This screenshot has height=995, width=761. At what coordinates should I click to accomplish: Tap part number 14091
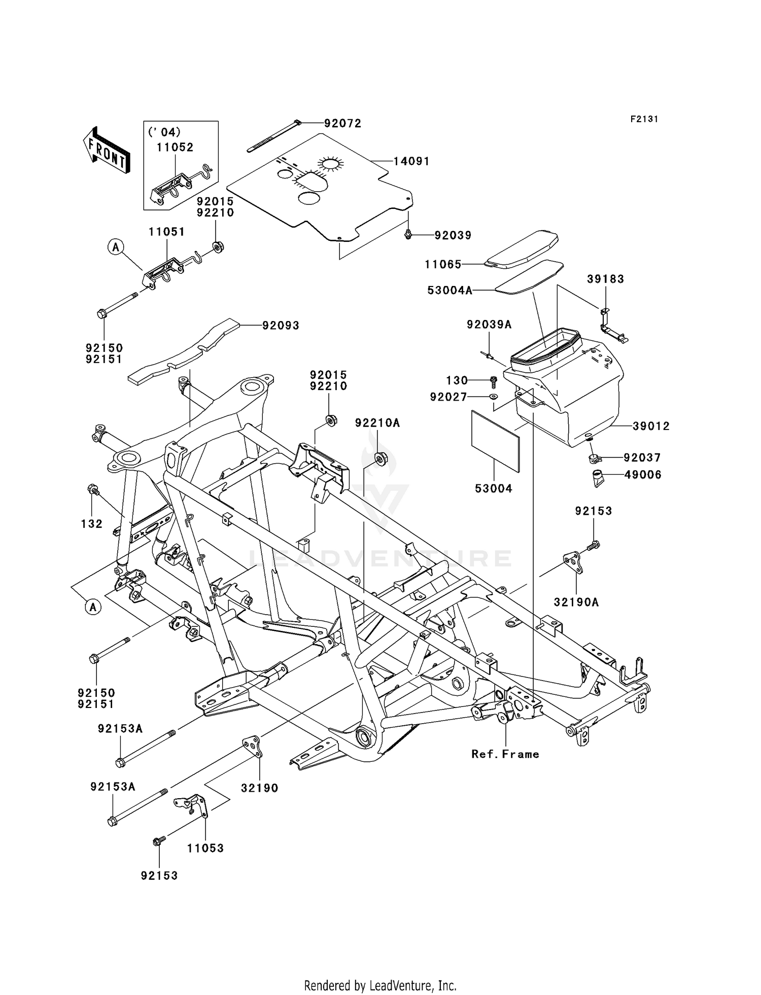[411, 161]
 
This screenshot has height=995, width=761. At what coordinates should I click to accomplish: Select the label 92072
[342, 123]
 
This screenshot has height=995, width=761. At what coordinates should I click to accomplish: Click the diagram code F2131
[644, 119]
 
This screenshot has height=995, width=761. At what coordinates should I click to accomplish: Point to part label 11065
[443, 264]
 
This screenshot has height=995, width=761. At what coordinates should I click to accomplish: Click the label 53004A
[449, 290]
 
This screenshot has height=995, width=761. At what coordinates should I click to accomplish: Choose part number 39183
[605, 279]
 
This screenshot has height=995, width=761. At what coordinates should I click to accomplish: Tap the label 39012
[651, 427]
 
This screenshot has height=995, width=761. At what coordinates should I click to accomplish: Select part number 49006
[642, 475]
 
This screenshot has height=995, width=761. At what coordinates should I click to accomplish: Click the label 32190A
[576, 602]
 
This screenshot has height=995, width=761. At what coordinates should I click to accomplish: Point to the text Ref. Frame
[505, 754]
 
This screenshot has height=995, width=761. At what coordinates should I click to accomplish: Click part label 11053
[205, 848]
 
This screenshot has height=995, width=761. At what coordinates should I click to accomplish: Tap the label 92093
[281, 326]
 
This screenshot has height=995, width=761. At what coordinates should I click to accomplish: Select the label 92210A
[377, 423]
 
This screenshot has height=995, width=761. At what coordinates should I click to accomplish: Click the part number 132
[91, 524]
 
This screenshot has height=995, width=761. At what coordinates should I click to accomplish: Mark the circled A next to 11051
[116, 247]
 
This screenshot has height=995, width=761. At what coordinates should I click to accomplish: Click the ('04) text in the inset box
[164, 132]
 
